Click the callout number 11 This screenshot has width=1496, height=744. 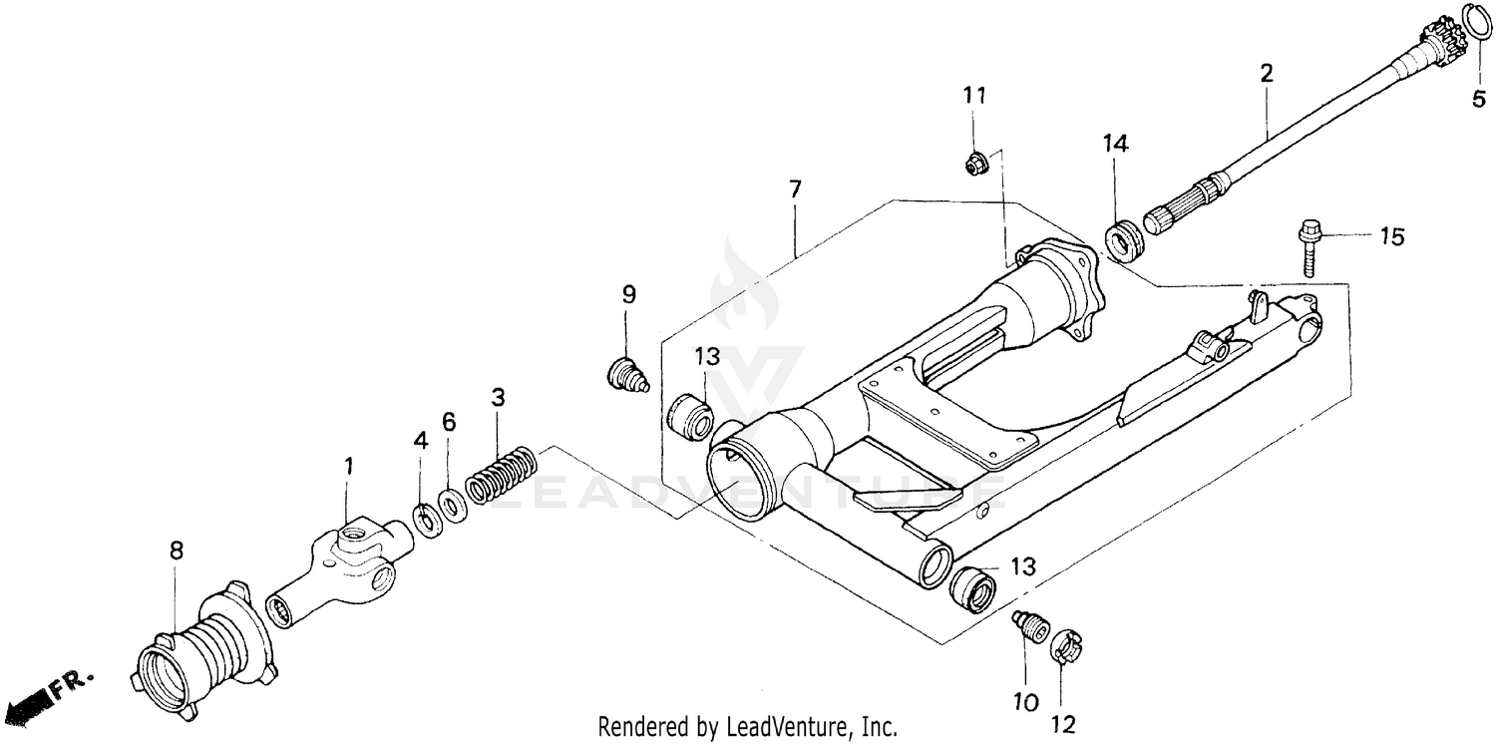[974, 96]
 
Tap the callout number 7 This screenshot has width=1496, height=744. [795, 188]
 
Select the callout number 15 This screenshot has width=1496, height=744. [1391, 237]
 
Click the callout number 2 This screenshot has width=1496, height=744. [1267, 73]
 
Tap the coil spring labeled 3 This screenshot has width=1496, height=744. [501, 475]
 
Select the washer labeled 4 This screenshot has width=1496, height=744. [427, 520]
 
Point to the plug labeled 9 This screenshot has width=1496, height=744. [626, 375]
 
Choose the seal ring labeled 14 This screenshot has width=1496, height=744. [1125, 243]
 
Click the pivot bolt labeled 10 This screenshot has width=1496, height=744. [1027, 627]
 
